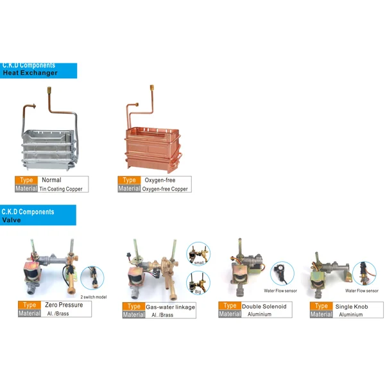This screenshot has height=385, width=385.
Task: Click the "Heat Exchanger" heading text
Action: point(30,73)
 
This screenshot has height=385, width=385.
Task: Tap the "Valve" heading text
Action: point(12,220)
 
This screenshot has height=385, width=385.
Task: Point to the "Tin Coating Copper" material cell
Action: point(61,189)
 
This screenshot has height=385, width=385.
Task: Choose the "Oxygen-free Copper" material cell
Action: point(165,189)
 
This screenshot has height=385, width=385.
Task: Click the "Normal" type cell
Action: point(51,180)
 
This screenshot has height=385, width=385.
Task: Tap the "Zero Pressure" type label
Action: point(64,305)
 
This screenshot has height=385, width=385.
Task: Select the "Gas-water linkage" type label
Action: point(171,307)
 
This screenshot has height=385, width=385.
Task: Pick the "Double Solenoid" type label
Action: point(264,307)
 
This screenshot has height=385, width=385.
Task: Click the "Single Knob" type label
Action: point(352,307)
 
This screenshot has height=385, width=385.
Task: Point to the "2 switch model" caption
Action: point(94,297)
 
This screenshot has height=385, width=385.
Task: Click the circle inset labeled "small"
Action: point(198,253)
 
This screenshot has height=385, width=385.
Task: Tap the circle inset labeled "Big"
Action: point(198,282)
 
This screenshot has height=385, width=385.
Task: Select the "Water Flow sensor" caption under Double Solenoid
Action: point(280,291)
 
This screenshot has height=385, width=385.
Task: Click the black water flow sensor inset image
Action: point(282,273)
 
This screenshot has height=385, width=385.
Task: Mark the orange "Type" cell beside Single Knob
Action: point(321,306)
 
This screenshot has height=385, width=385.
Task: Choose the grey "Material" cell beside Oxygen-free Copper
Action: point(129,189)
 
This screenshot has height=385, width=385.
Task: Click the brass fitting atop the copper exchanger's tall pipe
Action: point(152,87)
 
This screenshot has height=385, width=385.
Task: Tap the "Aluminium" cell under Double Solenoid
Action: point(259,314)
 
